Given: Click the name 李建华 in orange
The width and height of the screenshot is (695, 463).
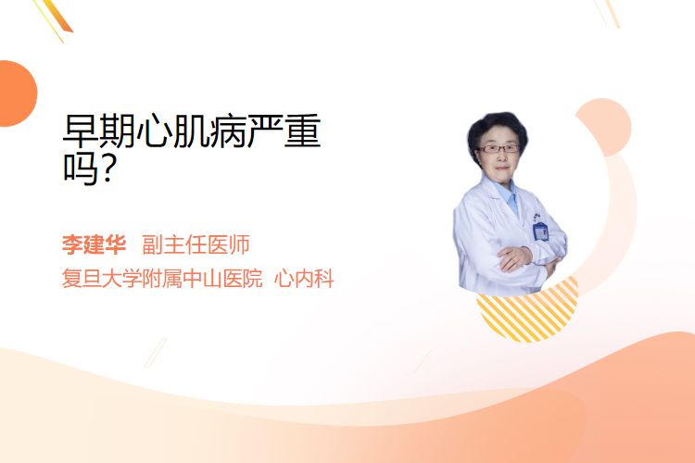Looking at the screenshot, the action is [94, 244].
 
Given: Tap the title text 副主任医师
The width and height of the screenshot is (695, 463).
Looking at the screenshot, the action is [196, 244].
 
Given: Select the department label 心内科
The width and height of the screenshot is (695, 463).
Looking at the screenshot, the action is [304, 279].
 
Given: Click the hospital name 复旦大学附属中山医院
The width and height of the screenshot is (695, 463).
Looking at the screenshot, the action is [162, 279].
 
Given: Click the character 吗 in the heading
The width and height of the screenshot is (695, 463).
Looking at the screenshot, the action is [81, 169].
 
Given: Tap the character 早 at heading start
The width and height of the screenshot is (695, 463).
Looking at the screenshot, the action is [81, 131].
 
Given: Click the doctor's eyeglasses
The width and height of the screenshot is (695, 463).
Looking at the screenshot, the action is [499, 149].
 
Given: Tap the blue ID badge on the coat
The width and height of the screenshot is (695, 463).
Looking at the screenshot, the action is [540, 231].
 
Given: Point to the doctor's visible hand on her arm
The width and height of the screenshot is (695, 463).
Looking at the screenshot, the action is [515, 258].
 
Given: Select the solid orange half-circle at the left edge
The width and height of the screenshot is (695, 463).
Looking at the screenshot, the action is [17, 94].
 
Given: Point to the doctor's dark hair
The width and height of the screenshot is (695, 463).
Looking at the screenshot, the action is [497, 126].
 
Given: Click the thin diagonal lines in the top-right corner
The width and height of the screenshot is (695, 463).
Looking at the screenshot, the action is [607, 12].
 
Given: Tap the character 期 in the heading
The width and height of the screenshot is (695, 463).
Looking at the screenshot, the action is [118, 131].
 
